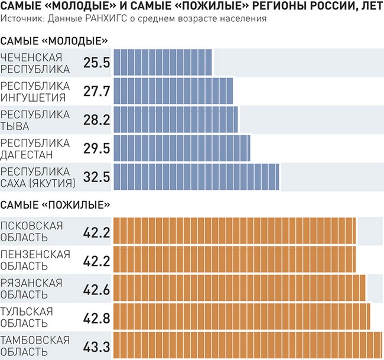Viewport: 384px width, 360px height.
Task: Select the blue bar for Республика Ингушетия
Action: [x=173, y=91]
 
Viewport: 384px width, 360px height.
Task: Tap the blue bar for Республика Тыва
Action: [x=175, y=119]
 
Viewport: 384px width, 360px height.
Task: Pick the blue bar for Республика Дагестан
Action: [x=181, y=148]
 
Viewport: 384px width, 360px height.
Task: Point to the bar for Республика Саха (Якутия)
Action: [x=196, y=177]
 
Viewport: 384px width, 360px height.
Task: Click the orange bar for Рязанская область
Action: [x=239, y=288]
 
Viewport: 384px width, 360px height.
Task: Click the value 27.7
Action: [x=97, y=92]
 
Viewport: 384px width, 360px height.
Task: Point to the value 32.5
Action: [x=97, y=177]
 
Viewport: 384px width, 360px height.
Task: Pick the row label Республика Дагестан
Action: [x=35, y=148]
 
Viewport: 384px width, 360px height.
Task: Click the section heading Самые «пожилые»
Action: [x=56, y=205]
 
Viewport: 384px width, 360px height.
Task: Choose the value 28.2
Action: [x=97, y=120]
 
